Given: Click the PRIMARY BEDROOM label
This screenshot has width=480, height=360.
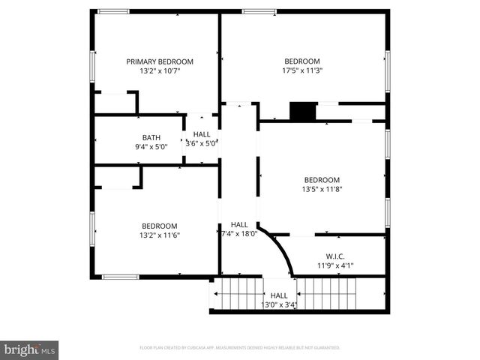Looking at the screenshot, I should point(160,61).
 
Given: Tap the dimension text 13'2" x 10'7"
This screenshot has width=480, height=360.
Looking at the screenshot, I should point(160,71).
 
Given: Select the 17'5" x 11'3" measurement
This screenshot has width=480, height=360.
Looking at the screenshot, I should point(302,71).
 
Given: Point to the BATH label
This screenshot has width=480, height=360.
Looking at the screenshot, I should point(151,137).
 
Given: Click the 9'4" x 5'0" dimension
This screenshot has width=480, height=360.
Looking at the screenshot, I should point(151,147).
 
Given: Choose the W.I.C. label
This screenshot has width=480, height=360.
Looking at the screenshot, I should point(335,256).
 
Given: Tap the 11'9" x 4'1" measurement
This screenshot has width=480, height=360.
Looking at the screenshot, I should point(335,265).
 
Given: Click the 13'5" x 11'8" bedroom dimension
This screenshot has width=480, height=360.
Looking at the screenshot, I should point(322,190).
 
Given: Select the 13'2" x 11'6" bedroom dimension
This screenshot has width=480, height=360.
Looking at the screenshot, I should point(160,235).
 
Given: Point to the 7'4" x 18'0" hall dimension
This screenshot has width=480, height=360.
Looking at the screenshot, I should point(239,234).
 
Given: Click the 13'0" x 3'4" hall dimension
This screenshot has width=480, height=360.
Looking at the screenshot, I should point(279,305).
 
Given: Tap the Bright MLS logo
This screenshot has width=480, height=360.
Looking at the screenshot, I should point(30,349).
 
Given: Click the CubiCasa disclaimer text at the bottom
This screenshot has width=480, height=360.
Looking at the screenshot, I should point(240,348).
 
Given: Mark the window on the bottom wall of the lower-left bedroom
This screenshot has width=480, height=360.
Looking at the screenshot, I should point(120,277).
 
